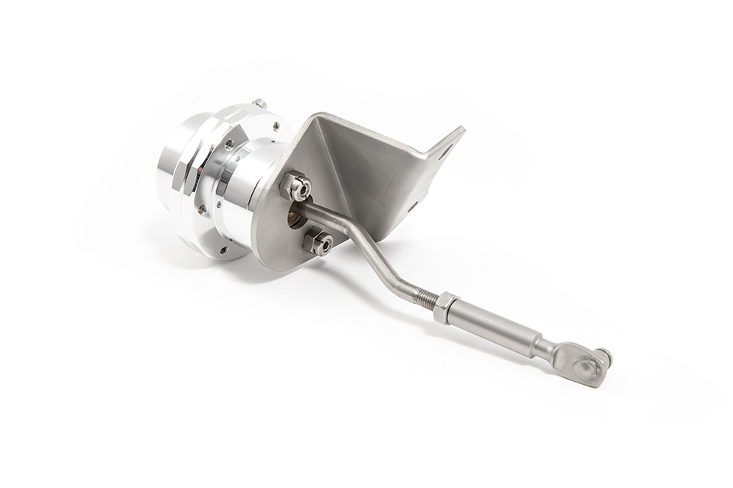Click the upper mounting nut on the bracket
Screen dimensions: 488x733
(x=296, y=187)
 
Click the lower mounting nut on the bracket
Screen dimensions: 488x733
(x=319, y=243)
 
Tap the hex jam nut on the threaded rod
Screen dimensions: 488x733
(x=444, y=306)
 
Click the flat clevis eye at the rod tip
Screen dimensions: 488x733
(x=587, y=367)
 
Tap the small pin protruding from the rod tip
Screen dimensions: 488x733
(x=605, y=356)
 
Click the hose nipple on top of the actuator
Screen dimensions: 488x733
(x=260, y=103)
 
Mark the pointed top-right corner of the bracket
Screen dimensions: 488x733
(x=463, y=129)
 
